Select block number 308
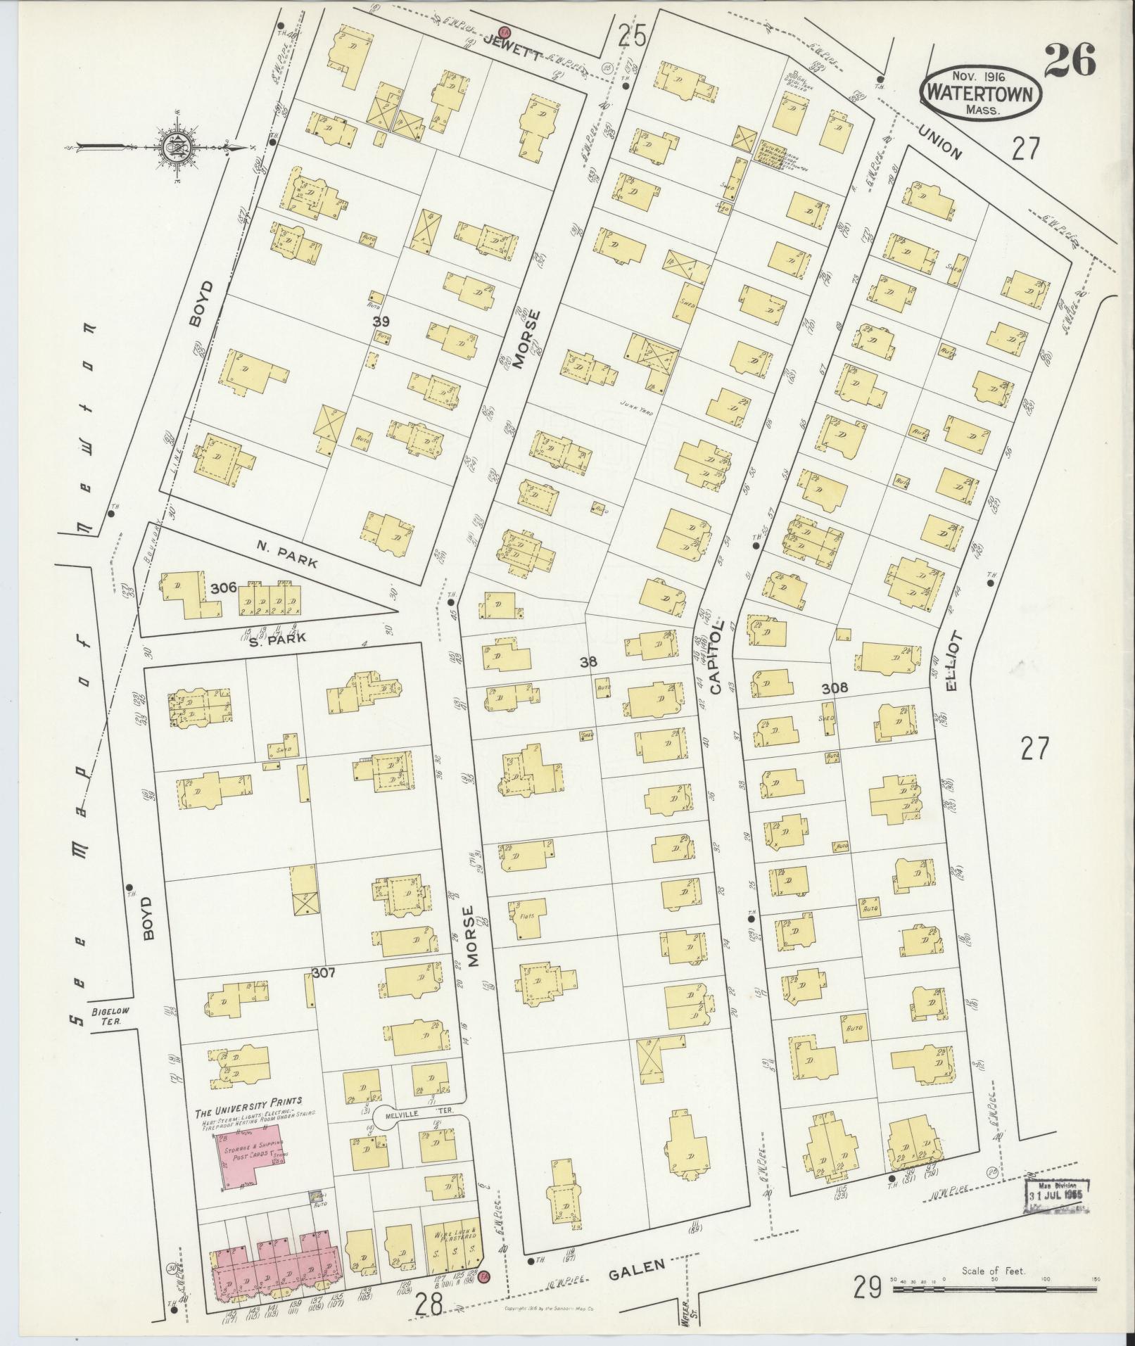(835, 687)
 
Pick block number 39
(381, 321)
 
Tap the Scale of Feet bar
(994, 1290)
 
